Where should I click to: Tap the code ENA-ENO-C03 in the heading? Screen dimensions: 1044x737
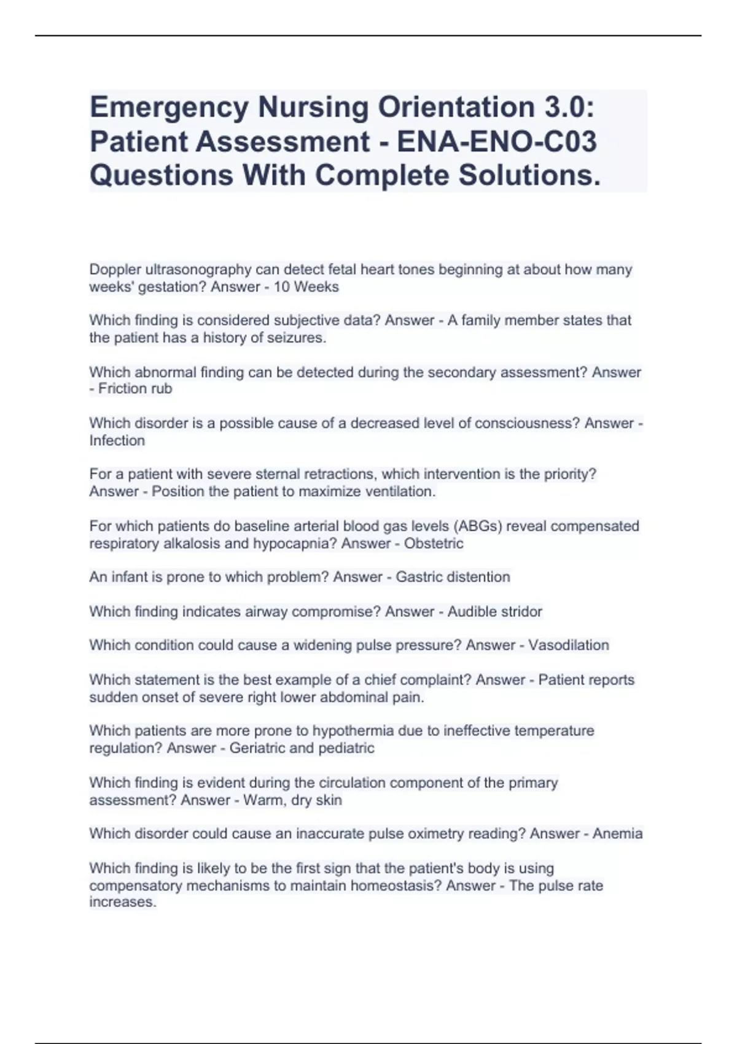click(x=497, y=142)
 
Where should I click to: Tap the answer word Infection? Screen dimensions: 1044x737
click(x=117, y=440)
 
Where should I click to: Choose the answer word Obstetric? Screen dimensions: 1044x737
click(x=434, y=543)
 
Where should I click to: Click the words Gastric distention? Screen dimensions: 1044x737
click(x=453, y=577)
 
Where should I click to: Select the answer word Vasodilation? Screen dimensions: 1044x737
click(x=569, y=645)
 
